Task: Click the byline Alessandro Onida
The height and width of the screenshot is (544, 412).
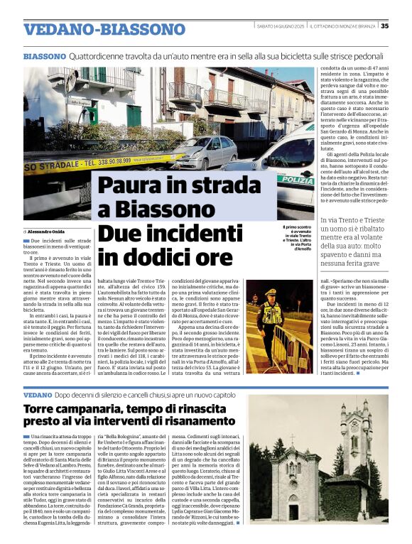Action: pos(46,232)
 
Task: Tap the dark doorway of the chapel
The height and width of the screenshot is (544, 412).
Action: pos(293,511)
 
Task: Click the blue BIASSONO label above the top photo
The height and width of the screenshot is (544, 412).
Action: pos(44,55)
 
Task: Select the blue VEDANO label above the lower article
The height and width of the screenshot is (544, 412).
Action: pos(38,394)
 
